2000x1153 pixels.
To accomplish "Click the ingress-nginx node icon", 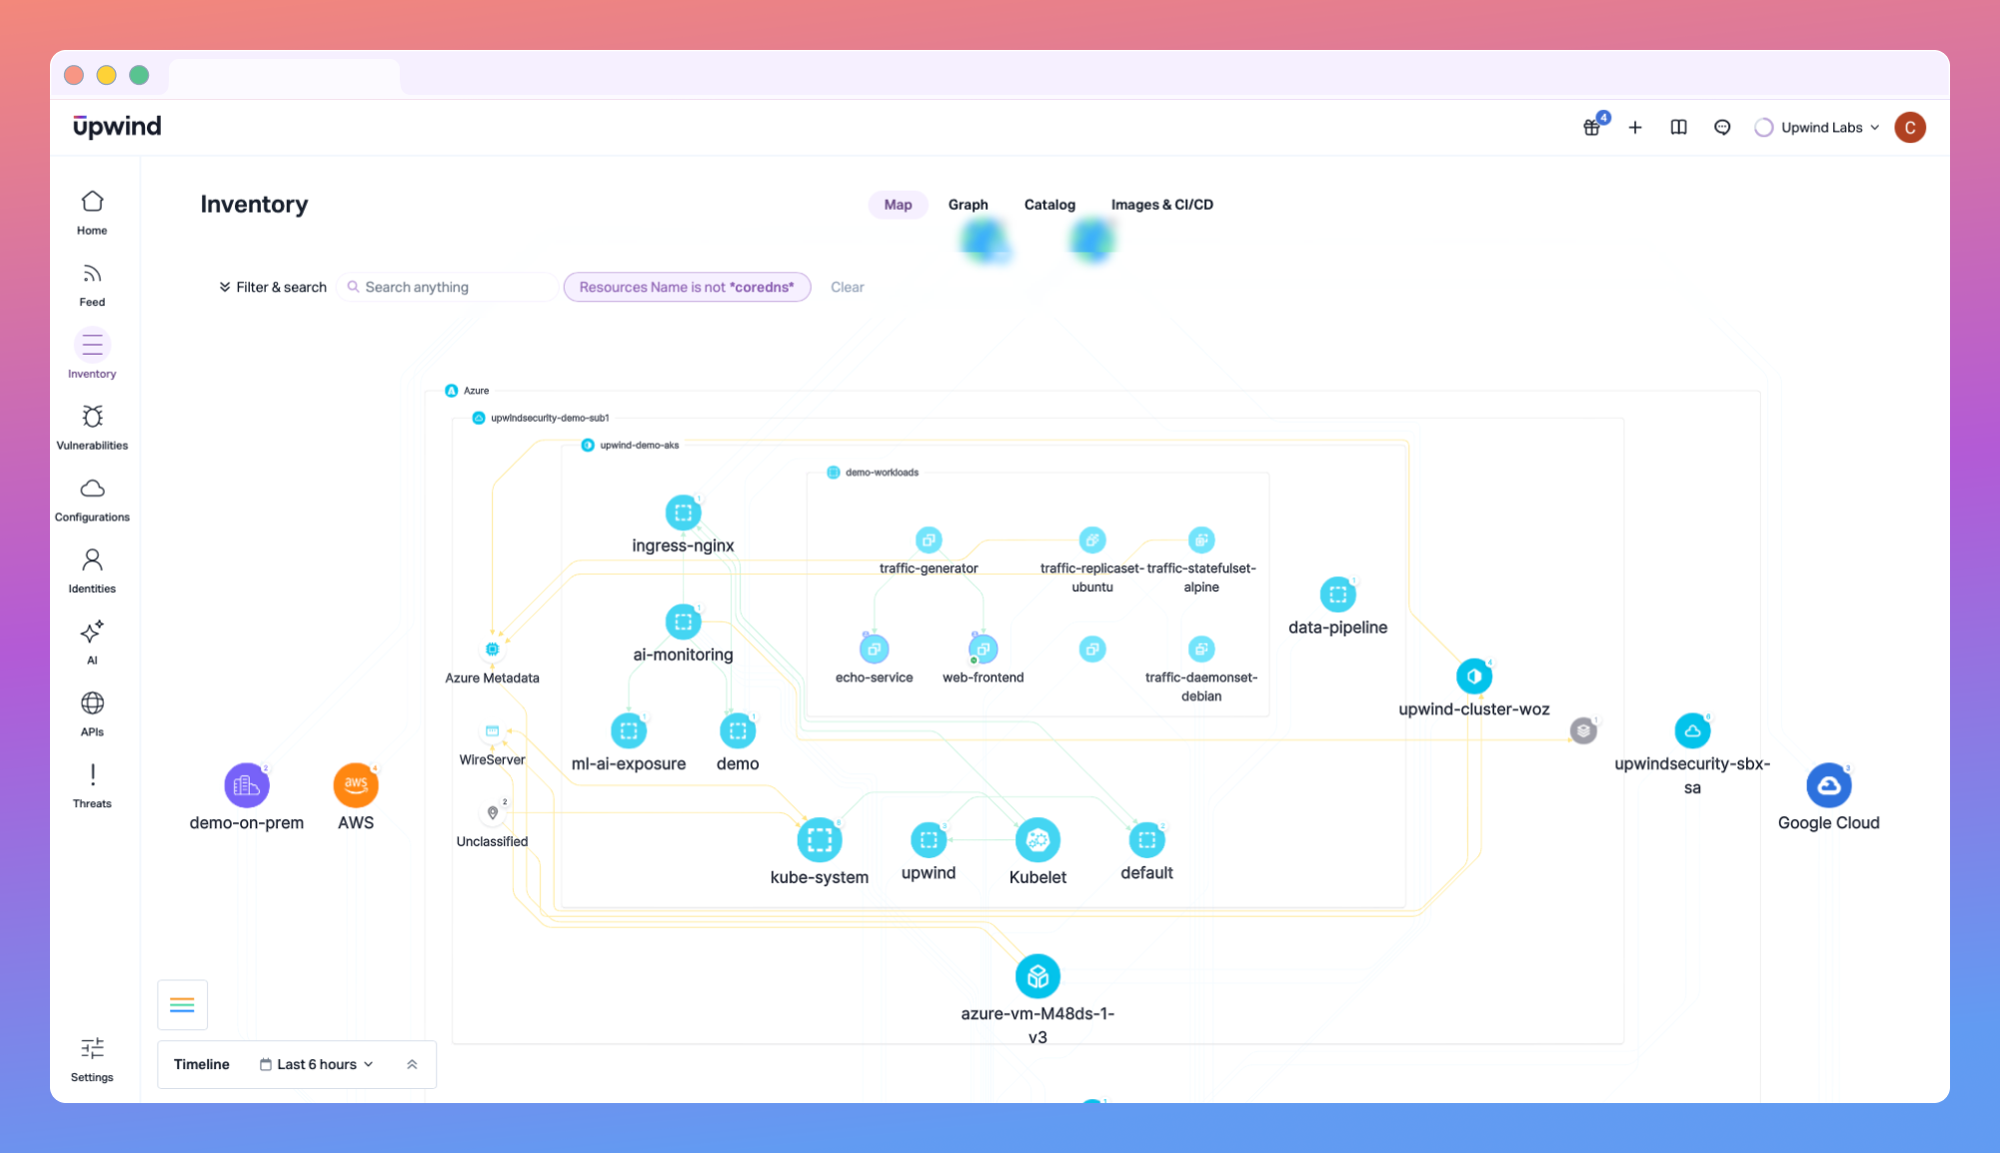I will coord(683,514).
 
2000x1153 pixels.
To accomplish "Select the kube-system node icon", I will coord(819,840).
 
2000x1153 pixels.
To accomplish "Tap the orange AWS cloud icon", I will coord(356,785).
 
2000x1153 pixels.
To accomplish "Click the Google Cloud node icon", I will coord(1828,786).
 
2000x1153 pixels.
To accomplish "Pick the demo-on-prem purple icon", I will coord(246,785).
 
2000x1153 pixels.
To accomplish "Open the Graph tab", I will coord(968,205).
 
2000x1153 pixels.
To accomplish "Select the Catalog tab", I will coord(1049,205).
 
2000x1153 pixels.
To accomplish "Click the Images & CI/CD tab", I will coord(1161,205).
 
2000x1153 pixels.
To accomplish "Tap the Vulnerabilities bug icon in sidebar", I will coord(92,417).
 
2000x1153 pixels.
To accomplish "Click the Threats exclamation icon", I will coord(92,775).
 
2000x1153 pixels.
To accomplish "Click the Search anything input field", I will coord(455,288).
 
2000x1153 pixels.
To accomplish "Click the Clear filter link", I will coord(847,288).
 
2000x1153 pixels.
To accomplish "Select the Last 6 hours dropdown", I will coord(317,1065).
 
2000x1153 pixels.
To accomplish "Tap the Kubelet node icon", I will coord(1037,840).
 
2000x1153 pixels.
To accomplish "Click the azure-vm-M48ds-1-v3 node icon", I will coord(1037,976).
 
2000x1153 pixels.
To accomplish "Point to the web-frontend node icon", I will coord(984,649).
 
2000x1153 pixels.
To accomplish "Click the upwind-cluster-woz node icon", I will coord(1473,676).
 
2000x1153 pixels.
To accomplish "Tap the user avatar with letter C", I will coord(1909,128).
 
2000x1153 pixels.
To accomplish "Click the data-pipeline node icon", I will coord(1337,595).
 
